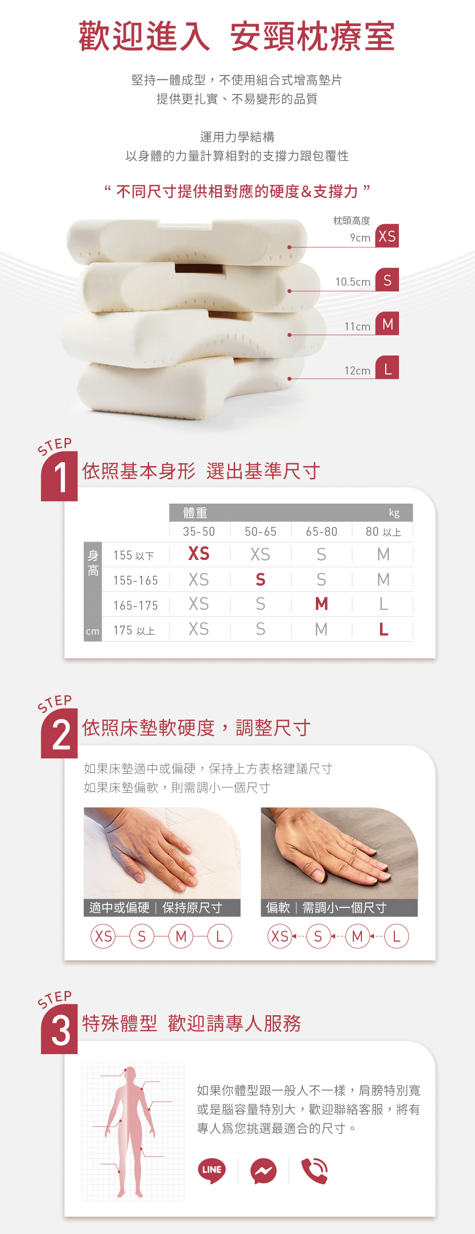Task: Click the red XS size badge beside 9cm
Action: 387,236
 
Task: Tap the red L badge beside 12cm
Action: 387,367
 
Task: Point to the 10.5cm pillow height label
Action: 353,281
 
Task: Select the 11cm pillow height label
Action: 357,326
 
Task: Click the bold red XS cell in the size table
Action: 199,554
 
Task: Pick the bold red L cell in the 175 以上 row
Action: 383,629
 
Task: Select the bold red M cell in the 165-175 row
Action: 322,604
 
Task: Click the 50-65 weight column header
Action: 260,531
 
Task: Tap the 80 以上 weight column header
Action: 383,531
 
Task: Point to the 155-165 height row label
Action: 136,580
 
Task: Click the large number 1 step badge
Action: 59,476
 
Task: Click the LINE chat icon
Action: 211,1170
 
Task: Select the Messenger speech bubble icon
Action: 263,1171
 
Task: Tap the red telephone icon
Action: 315,1171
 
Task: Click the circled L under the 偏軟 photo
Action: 397,936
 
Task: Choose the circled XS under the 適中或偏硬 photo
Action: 103,936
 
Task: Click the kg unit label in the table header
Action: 394,513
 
